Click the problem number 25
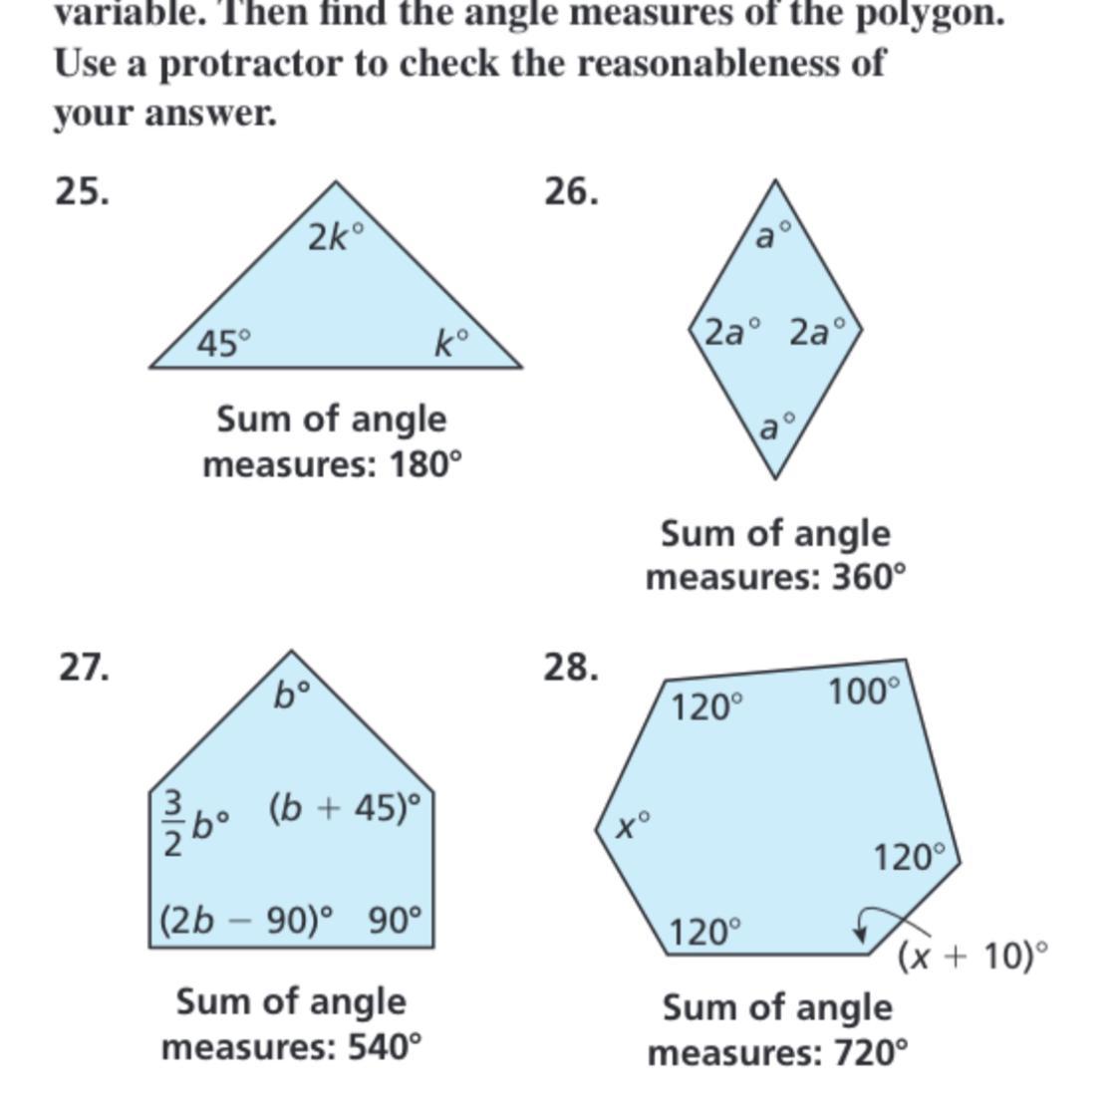(82, 190)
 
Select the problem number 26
(571, 190)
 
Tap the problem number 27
(84, 666)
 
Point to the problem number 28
(571, 666)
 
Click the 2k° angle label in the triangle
(335, 237)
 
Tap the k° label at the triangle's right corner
(450, 344)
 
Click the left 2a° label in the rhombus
(732, 331)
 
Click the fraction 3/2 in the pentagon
(172, 823)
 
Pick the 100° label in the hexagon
(863, 690)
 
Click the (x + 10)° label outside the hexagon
(973, 957)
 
